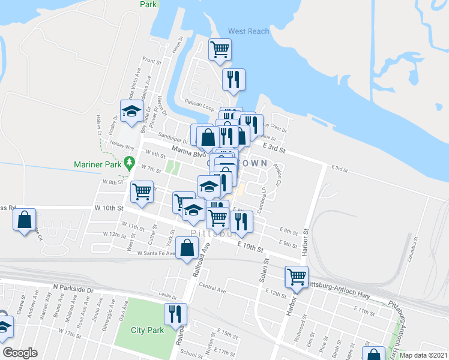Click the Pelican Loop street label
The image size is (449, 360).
pyautogui.click(x=199, y=103)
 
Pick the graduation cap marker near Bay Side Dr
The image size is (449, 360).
pyautogui.click(x=132, y=111)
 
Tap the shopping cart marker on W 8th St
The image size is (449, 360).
pyautogui.click(x=142, y=191)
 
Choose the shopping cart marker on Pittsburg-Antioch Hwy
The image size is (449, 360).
pyautogui.click(x=297, y=277)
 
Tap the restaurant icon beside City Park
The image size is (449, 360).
pyautogui.click(x=176, y=314)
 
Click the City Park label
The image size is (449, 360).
pyautogui.click(x=148, y=330)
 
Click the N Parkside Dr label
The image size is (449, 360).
pyautogui.click(x=73, y=289)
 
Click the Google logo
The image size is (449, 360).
pyautogui.click(x=20, y=353)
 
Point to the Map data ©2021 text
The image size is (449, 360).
pyautogui.click(x=423, y=355)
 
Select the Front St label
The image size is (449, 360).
pyautogui.click(x=152, y=61)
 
